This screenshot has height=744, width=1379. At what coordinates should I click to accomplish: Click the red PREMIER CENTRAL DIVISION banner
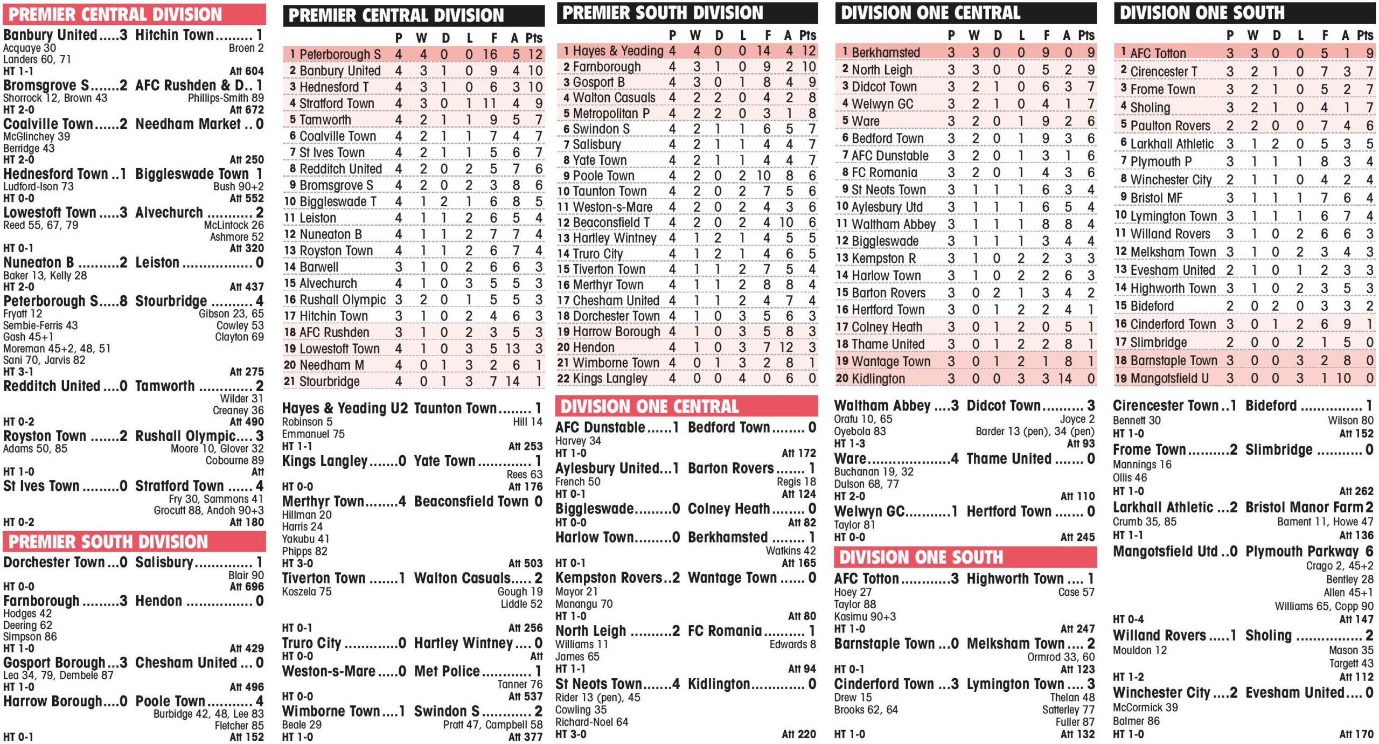(x=115, y=15)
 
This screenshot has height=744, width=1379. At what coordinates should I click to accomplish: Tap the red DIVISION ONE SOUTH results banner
(x=921, y=557)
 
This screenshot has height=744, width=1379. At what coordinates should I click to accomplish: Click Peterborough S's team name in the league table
(x=340, y=54)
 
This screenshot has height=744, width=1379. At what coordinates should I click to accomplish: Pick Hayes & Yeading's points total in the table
(x=809, y=51)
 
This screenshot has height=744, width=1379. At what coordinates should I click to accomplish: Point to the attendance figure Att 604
(x=247, y=71)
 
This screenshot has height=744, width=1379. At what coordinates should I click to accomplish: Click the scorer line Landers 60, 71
(x=37, y=59)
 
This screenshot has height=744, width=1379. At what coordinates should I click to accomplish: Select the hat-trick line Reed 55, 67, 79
(x=40, y=225)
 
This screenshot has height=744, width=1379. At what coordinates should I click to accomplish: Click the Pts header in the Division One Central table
(x=1086, y=36)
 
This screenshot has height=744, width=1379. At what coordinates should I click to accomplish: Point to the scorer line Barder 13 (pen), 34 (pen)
(x=1035, y=432)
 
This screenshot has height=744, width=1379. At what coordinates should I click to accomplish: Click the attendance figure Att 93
(x=1081, y=443)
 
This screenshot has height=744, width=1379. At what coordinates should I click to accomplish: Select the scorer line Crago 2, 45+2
(x=1339, y=566)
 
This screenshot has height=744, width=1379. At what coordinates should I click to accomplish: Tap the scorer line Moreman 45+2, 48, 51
(x=57, y=349)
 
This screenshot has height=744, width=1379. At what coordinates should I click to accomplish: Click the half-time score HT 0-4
(x=1128, y=620)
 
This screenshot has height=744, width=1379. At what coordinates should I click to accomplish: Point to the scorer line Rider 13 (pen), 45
(x=597, y=698)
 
